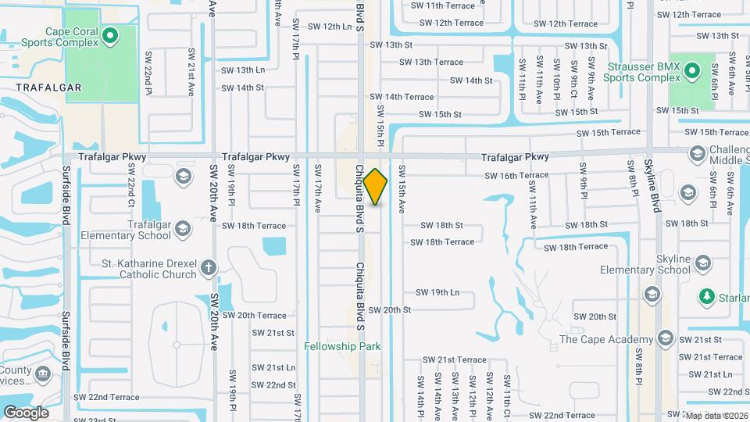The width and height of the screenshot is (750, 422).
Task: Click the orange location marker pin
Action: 375,187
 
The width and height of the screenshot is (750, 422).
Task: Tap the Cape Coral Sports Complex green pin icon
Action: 110,34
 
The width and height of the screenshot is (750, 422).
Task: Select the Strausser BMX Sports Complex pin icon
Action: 691,72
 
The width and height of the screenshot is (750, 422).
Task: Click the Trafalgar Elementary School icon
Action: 183,229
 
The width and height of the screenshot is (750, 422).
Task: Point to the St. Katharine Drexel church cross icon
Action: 208,268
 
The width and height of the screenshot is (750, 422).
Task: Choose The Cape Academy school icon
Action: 665,338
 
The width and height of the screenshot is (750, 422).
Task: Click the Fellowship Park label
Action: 342,346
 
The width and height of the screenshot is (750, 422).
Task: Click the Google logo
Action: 26,412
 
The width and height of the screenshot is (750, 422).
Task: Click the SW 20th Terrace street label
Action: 255,315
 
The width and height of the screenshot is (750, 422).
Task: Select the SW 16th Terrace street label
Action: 516,176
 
